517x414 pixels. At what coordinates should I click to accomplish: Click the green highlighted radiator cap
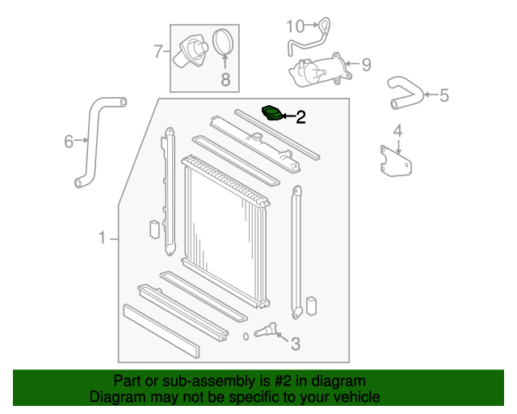(x=275, y=113)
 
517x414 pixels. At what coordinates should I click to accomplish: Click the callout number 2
(x=301, y=118)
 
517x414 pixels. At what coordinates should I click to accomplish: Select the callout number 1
(x=103, y=238)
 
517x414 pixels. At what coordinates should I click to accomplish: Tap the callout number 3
(x=295, y=344)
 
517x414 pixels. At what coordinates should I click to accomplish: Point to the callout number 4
(x=398, y=130)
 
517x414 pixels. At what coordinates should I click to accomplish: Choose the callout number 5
(x=443, y=96)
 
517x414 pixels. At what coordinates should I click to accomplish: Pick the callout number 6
(x=69, y=142)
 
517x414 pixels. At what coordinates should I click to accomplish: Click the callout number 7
(x=158, y=52)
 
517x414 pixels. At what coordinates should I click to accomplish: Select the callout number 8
(x=225, y=79)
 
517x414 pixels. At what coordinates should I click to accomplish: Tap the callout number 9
(x=366, y=65)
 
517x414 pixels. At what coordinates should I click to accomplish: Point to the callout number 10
(x=293, y=26)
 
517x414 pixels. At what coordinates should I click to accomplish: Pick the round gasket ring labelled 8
(x=224, y=42)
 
